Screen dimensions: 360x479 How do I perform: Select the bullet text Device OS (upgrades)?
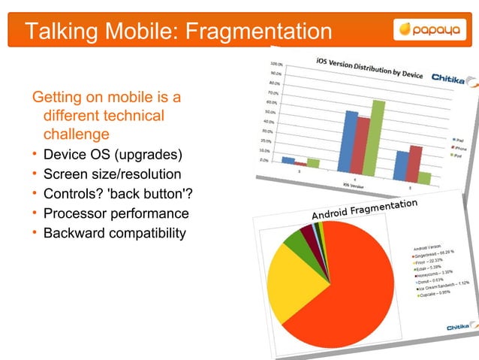113,156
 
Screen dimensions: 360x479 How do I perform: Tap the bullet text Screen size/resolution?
112,174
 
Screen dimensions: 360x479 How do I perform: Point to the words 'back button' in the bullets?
146,194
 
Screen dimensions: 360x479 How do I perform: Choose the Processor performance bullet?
116,213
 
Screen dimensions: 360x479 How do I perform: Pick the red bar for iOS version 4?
364,147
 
